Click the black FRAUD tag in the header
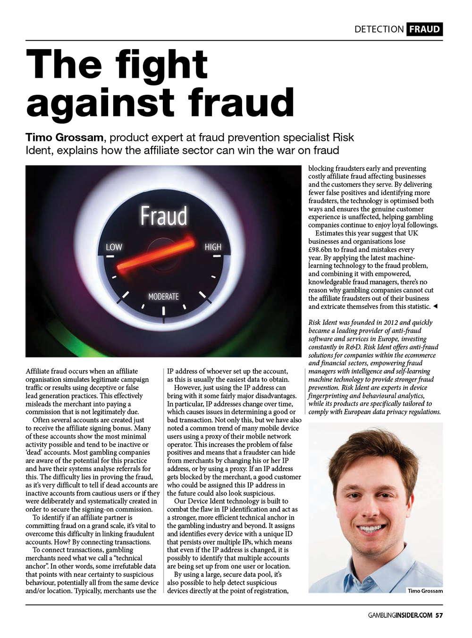pos(424,29)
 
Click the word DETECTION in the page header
pos(379,29)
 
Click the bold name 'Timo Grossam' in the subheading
pos(64,137)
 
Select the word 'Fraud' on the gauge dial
pos(164,216)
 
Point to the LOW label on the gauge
pos(114,247)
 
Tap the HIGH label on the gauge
pos(213,247)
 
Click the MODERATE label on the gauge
pos(163,297)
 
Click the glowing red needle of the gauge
pos(156,255)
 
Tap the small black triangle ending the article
pos(435,307)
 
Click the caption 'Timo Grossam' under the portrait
pos(425,591)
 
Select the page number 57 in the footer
pos(439,615)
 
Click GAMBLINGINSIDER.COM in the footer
pos(400,615)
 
